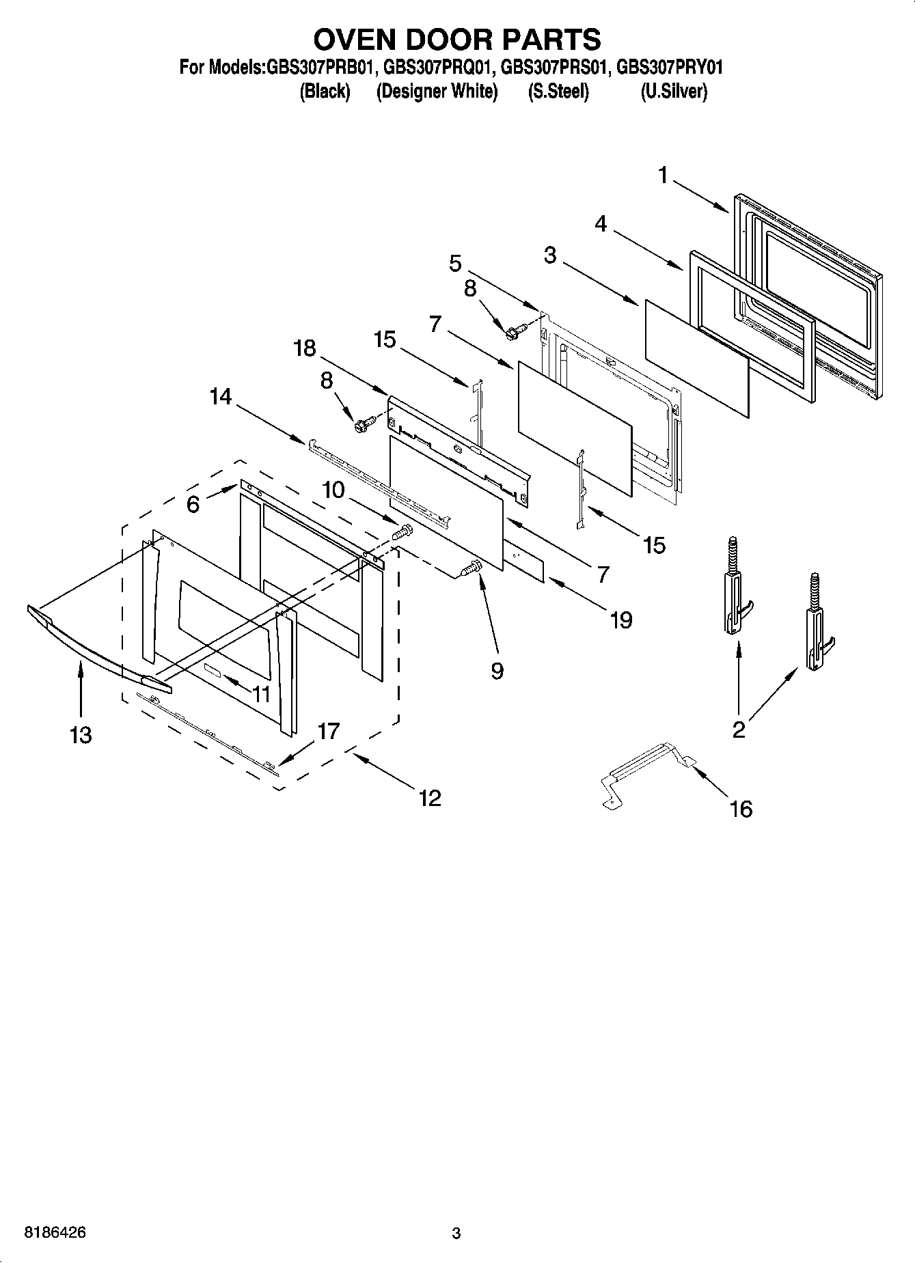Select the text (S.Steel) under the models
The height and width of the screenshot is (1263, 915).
tap(558, 92)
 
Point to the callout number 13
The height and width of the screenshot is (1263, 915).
tap(80, 735)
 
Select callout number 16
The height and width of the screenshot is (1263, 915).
tap(741, 809)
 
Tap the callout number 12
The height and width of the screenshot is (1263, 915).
tap(430, 797)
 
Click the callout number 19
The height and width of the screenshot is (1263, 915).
tap(620, 620)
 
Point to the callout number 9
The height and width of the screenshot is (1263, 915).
tap(497, 671)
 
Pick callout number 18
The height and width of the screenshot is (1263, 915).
tap(305, 348)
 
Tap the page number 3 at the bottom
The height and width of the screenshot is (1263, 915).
tap(456, 1233)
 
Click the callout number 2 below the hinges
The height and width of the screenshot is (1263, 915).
tap(738, 730)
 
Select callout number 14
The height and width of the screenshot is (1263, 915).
tap(220, 397)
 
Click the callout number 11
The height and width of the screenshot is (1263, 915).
tap(261, 695)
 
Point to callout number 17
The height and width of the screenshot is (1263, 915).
tap(328, 732)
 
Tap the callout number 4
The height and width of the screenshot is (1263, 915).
tap(600, 223)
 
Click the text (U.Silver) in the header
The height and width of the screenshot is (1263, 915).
tap(673, 92)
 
